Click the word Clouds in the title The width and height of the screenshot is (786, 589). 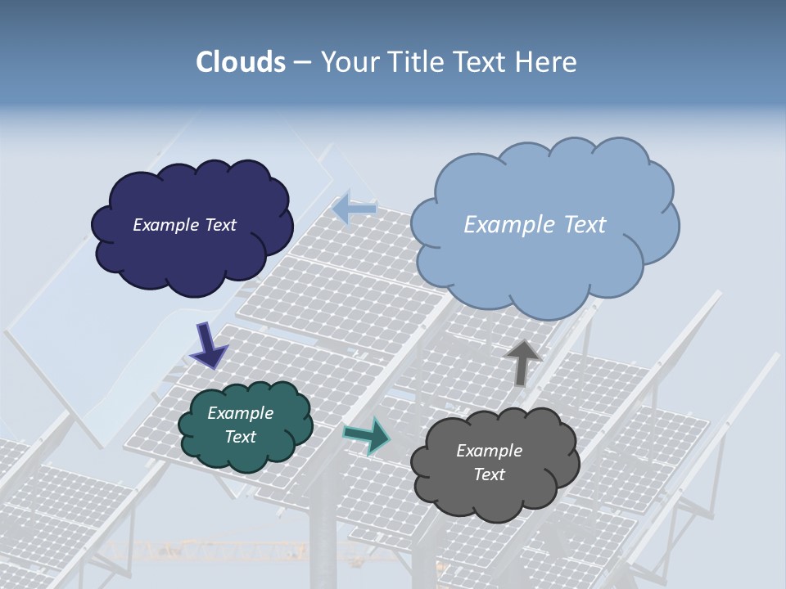click(241, 62)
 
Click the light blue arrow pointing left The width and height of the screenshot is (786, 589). click(355, 208)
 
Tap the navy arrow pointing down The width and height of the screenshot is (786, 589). click(208, 345)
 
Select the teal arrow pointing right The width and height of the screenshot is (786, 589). click(366, 434)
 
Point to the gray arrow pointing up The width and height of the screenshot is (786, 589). click(522, 361)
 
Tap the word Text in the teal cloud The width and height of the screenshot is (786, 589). click(241, 437)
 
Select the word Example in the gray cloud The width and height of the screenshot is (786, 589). click(489, 451)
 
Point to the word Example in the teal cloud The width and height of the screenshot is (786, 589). click(241, 414)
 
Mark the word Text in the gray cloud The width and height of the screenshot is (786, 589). click(489, 474)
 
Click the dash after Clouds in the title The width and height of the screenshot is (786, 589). click(302, 62)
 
